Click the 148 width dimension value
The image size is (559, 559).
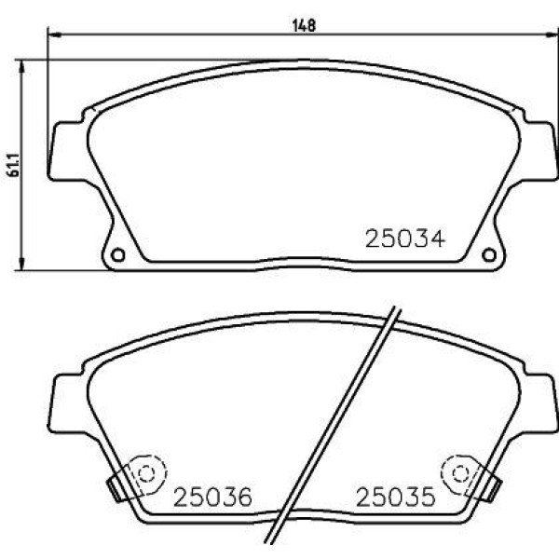tap(304, 26)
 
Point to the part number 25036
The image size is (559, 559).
tap(212, 498)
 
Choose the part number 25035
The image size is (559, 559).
tap(395, 498)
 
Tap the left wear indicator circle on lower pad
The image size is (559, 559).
tap(145, 472)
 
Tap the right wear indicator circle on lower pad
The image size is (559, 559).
tap(459, 472)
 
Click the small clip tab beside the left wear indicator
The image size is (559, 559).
tap(116, 485)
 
